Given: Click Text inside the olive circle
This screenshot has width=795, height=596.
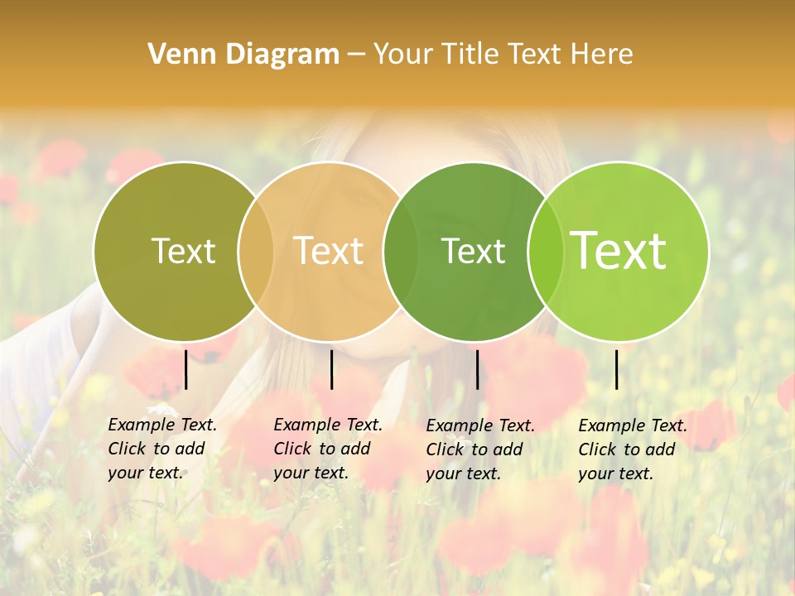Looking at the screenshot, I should pyautogui.click(x=183, y=251).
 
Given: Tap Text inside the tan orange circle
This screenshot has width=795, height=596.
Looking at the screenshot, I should pyautogui.click(x=328, y=251).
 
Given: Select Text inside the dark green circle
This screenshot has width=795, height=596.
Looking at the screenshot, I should pyautogui.click(x=473, y=251).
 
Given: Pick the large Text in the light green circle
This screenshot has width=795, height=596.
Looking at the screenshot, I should pyautogui.click(x=618, y=251).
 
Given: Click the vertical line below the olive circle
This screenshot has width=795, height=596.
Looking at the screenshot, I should pyautogui.click(x=185, y=369).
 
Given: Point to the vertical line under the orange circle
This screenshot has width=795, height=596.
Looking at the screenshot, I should pyautogui.click(x=331, y=369).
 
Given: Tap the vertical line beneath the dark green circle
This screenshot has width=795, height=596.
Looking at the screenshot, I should pyautogui.click(x=477, y=369).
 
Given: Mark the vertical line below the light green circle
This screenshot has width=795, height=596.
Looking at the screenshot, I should pyautogui.click(x=616, y=369).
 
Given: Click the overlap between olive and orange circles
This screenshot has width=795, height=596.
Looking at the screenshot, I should pyautogui.click(x=256, y=251).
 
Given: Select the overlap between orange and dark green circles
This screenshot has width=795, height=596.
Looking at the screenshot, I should pyautogui.click(x=401, y=251).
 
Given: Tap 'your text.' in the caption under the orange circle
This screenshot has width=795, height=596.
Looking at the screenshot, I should pyautogui.click(x=311, y=473).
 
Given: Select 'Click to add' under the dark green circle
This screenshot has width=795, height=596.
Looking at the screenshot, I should pyautogui.click(x=474, y=449).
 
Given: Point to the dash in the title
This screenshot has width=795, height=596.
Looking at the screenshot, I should pyautogui.click(x=356, y=55).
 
